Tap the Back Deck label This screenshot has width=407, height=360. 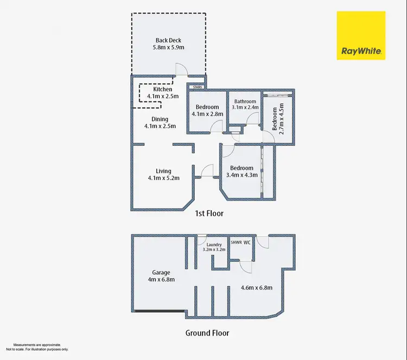coord(168,40)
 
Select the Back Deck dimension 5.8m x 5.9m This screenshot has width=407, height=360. coord(168,47)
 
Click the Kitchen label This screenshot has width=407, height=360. coord(162,89)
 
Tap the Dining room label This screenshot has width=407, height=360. coord(160,119)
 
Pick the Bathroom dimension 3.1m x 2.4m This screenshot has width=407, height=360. coord(245,107)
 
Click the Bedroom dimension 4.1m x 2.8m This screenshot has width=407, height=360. coord(208,114)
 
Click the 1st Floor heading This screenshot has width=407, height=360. coord(209,214)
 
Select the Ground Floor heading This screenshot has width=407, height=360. coord(207,333)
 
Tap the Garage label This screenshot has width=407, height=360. coord(161,273)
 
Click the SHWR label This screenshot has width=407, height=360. coord(237,242)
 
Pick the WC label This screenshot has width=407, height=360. coord(247,242)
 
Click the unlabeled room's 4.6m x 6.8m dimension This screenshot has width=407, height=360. coord(257,288)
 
